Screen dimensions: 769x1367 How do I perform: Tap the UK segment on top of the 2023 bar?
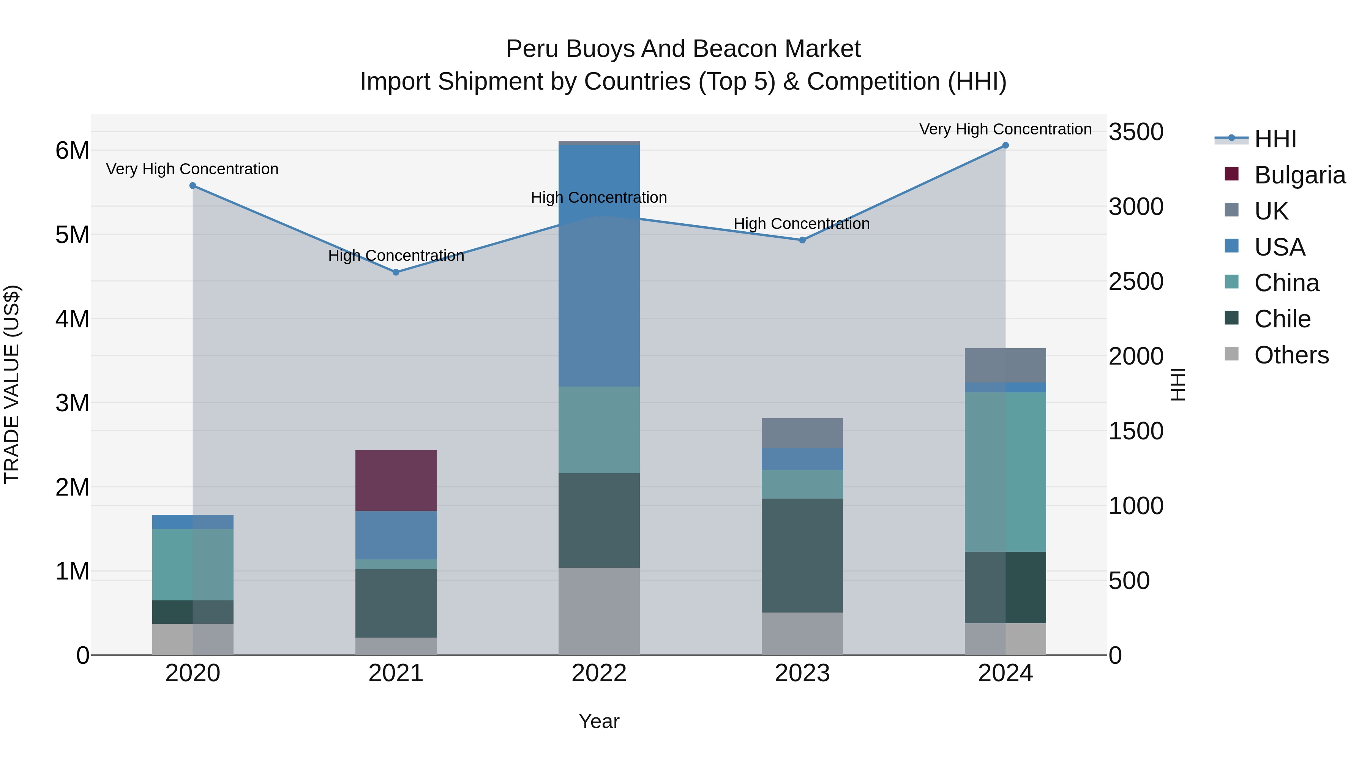tap(802, 433)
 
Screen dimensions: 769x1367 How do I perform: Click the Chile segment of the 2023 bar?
tap(802, 555)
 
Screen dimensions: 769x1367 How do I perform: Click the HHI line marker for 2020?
tap(193, 186)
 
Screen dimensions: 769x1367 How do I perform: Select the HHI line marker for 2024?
tap(1005, 145)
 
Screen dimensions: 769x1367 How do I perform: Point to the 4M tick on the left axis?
tap(72, 319)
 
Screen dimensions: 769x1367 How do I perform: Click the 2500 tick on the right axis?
tap(1136, 281)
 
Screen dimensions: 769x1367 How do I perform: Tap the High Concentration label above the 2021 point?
tap(396, 256)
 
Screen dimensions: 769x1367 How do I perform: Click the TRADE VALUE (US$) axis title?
tap(12, 384)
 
